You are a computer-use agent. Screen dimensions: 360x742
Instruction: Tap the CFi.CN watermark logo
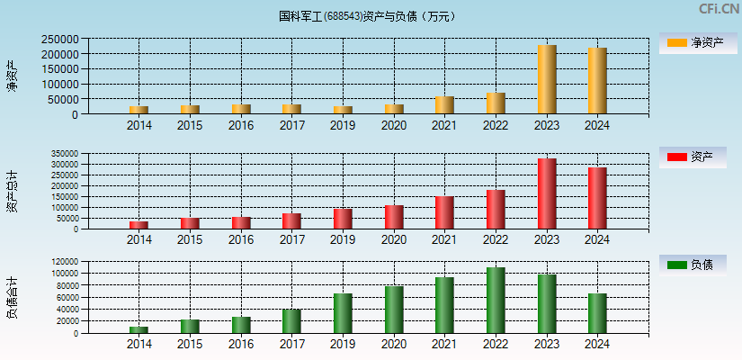pyautogui.click(x=719, y=9)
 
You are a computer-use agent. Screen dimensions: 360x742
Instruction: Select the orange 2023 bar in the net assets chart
pyautogui.click(x=547, y=79)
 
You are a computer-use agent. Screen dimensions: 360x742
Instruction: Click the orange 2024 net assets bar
pyautogui.click(x=597, y=81)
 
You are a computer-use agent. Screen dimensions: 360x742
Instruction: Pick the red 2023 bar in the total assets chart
pyautogui.click(x=547, y=193)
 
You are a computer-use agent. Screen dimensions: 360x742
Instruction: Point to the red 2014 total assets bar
pyautogui.click(x=139, y=225)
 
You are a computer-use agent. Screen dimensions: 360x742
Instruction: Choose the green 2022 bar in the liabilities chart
pyautogui.click(x=496, y=300)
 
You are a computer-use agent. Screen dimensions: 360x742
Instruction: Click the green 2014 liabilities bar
pyautogui.click(x=139, y=329)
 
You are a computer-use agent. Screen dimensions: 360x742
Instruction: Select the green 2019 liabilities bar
pyautogui.click(x=343, y=312)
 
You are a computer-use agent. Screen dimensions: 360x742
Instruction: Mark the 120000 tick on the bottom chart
pyautogui.click(x=63, y=262)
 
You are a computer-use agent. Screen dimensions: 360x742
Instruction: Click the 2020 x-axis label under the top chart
pyautogui.click(x=393, y=125)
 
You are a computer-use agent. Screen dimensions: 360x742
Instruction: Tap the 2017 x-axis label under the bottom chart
pyautogui.click(x=291, y=345)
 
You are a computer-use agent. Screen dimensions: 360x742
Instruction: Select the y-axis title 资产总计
pyautogui.click(x=12, y=191)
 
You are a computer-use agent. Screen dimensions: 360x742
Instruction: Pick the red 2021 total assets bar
pyautogui.click(x=444, y=212)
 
